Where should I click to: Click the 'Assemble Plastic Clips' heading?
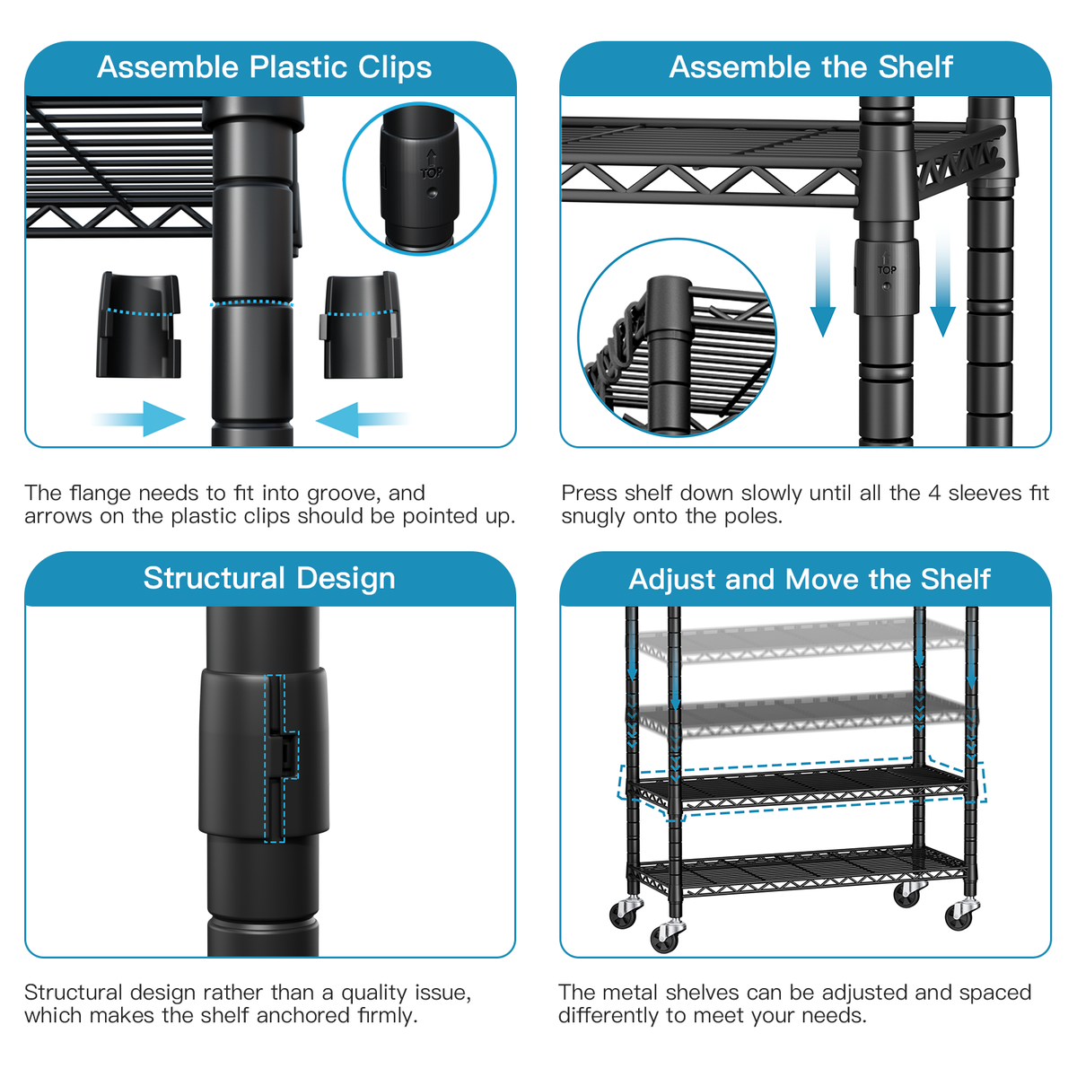tap(264, 67)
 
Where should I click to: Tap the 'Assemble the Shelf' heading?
tap(810, 67)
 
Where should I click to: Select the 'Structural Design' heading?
tap(269, 578)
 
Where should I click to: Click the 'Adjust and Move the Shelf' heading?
tap(810, 579)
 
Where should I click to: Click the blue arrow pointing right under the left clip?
tap(141, 419)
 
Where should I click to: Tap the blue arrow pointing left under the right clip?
tap(358, 419)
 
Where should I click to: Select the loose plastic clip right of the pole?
tap(361, 324)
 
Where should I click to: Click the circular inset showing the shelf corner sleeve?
tap(677, 337)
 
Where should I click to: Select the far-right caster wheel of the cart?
tap(960, 915)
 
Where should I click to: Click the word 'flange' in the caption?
tap(102, 493)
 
